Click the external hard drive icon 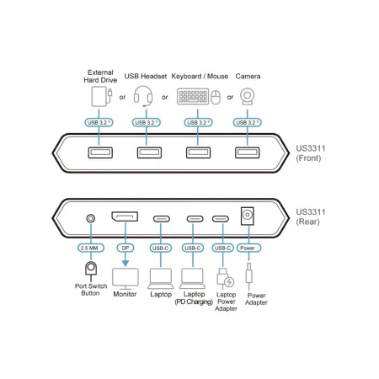click(101, 96)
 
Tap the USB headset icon click(143, 96)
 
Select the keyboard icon click(193, 96)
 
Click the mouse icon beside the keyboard click(216, 97)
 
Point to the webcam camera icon click(248, 97)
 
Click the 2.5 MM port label click(91, 248)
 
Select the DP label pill click(125, 248)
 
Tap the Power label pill click(248, 248)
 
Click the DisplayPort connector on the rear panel click(125, 216)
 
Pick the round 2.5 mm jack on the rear click(90, 218)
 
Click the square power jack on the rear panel click(248, 216)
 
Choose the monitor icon click(125, 279)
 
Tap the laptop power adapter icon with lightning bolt click(226, 279)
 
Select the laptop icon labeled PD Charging click(193, 279)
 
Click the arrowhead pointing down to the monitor click(125, 263)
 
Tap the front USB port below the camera click(248, 152)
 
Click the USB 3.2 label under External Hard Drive click(99, 122)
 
